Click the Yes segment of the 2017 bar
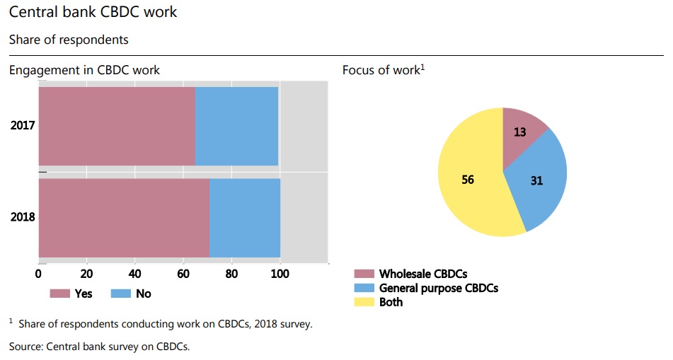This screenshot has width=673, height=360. [117, 126]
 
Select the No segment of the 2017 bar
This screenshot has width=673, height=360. [236, 126]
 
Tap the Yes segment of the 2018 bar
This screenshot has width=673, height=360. [124, 217]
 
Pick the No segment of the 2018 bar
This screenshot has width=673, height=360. [245, 217]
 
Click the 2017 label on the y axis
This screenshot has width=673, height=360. [23, 126]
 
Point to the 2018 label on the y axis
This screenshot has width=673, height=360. [23, 217]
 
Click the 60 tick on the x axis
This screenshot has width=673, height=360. [183, 274]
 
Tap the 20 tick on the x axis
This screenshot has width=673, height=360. [87, 274]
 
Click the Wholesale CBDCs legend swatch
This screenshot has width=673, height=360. [363, 274]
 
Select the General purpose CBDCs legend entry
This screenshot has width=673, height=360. [437, 288]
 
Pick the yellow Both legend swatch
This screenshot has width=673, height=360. [363, 302]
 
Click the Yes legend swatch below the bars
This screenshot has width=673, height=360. [59, 293]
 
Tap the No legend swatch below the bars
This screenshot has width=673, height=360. [121, 293]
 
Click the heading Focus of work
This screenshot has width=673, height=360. [381, 70]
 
